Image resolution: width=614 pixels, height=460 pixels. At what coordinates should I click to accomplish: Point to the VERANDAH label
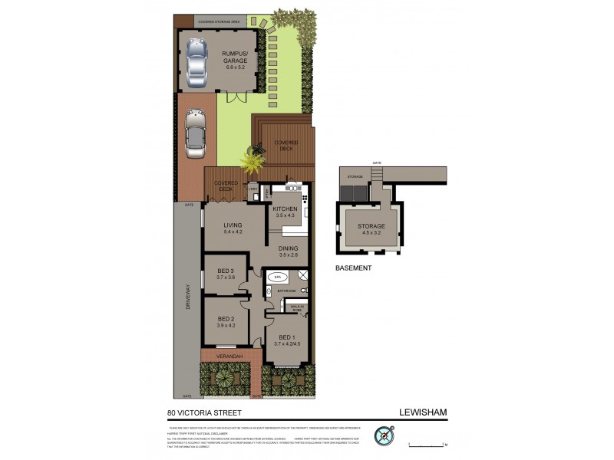point(229,356)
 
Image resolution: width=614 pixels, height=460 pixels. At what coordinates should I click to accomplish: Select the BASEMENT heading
point(354,268)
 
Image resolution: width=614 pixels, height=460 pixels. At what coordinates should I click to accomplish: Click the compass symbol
point(384,435)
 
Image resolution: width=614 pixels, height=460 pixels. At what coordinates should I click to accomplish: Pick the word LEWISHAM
point(423,412)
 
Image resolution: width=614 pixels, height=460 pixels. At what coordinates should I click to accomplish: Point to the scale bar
point(427,444)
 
